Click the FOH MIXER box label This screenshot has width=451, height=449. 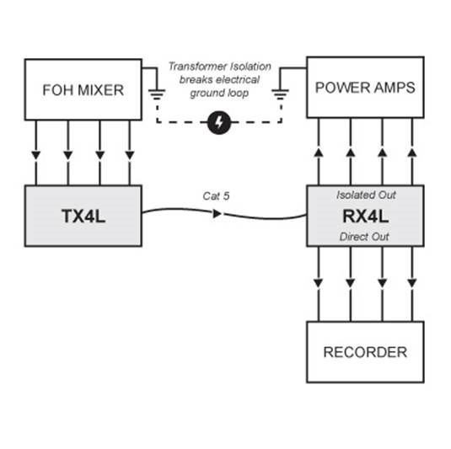(x=83, y=90)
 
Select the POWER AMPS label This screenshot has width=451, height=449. (x=365, y=88)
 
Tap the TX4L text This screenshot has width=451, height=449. (x=83, y=216)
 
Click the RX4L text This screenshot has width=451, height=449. (x=365, y=216)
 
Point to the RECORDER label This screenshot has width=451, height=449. (x=365, y=352)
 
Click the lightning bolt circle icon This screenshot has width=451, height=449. (x=219, y=122)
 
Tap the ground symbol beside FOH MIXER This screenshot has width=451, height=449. (x=157, y=94)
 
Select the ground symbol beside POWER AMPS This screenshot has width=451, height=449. (x=280, y=94)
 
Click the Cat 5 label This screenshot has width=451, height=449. (x=216, y=196)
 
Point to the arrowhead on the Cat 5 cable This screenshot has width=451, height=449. (x=217, y=214)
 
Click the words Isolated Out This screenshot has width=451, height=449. (x=366, y=195)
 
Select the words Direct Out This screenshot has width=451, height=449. (x=364, y=237)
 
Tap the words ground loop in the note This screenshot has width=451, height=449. (x=219, y=93)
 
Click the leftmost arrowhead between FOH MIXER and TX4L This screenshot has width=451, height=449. (x=36, y=156)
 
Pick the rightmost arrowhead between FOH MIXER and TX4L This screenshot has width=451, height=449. (x=130, y=156)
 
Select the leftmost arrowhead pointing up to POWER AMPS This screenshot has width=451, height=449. (x=319, y=152)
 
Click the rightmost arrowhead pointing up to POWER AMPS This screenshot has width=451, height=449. (x=412, y=152)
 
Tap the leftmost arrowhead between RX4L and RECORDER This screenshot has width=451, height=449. (x=318, y=283)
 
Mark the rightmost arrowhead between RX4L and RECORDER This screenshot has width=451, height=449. (x=412, y=283)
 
